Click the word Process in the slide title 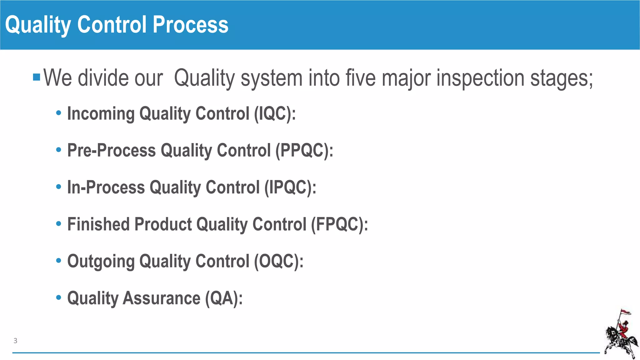190,25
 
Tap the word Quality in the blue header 38,25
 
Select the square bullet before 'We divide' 37,77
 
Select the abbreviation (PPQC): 304,150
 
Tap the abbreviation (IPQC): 290,187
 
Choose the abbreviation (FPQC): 339,224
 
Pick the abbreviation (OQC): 278,261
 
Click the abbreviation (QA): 224,298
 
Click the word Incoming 101,113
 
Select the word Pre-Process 111,150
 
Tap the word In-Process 106,187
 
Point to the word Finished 98,224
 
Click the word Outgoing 101,261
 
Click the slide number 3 15,341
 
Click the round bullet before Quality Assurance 58,297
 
